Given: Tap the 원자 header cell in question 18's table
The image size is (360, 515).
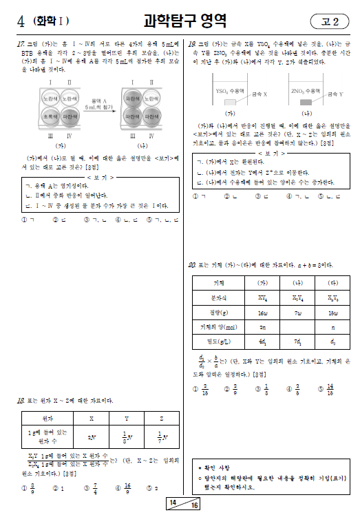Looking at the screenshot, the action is pos(48,418).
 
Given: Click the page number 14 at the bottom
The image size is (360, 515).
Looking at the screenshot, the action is pos(175,503).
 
